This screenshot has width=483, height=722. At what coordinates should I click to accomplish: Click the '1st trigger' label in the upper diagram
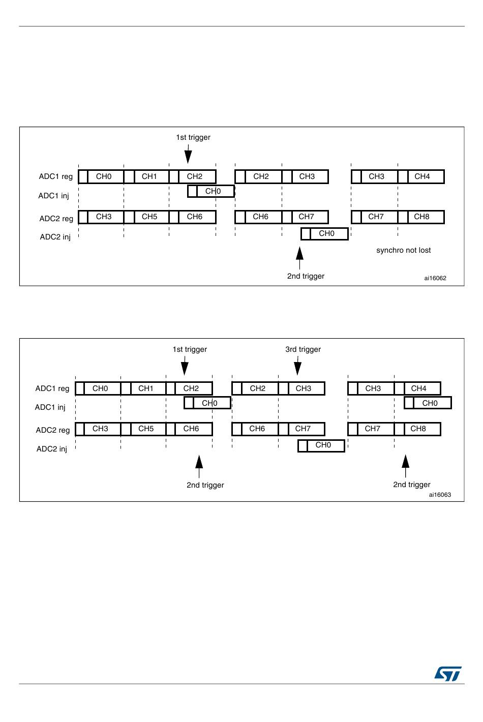point(193,137)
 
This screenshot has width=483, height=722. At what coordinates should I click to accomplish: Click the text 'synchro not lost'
point(403,250)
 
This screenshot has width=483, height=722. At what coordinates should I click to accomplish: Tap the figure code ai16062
point(435,278)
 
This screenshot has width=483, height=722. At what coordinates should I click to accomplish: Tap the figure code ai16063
point(440,495)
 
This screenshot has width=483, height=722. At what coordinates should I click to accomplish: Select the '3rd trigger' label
point(303,349)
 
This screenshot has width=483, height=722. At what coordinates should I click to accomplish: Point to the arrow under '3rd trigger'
point(298,366)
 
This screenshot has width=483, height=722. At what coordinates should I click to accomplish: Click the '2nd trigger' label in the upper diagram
point(306,276)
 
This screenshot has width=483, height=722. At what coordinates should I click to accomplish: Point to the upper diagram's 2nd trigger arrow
point(300,257)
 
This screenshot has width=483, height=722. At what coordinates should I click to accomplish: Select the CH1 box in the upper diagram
point(149,176)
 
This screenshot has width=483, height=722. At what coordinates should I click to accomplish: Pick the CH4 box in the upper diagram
point(422,176)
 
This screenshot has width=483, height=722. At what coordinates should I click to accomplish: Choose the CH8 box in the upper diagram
point(421,217)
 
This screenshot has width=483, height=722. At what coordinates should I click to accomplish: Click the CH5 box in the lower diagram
point(146,429)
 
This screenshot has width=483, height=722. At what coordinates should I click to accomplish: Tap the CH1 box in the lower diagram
point(146,388)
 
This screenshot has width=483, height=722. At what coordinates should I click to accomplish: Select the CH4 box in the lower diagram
point(418,388)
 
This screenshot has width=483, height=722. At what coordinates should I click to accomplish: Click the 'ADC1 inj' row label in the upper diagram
point(53,196)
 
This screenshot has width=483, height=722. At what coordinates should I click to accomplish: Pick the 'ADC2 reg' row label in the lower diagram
point(53,430)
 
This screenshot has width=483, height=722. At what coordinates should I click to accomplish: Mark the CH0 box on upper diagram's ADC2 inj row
point(326,233)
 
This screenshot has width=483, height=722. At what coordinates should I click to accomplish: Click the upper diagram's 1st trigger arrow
point(188,154)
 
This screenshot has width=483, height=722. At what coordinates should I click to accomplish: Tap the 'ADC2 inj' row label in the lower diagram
point(52,449)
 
